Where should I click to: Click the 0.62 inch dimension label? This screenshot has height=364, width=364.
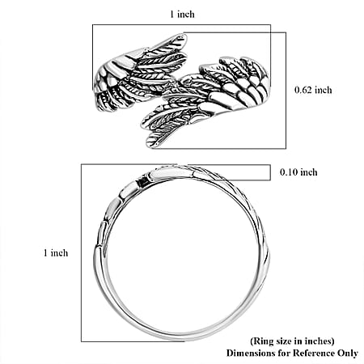(313, 90)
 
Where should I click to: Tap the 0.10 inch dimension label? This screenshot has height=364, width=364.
(298, 172)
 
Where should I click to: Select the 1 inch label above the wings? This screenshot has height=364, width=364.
(182, 14)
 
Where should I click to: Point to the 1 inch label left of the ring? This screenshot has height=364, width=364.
(56, 253)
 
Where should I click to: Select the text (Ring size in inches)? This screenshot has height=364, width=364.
(292, 341)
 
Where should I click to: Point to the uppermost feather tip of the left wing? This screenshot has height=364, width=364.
(184, 36)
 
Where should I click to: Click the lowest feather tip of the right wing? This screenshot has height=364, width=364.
(150, 145)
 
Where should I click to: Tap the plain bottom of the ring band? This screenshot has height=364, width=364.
(184, 336)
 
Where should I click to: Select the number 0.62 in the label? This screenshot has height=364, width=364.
(303, 90)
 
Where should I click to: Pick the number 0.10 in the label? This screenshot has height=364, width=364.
(289, 172)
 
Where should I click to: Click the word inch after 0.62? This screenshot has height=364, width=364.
(324, 90)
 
